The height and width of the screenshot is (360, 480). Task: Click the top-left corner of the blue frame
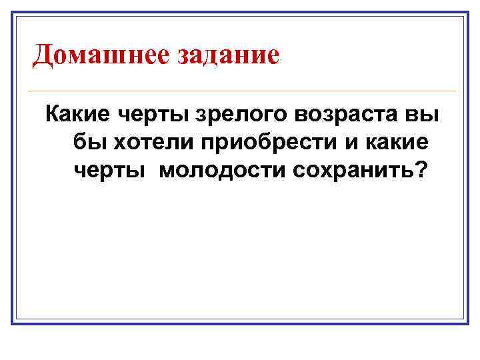(13, 13)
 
